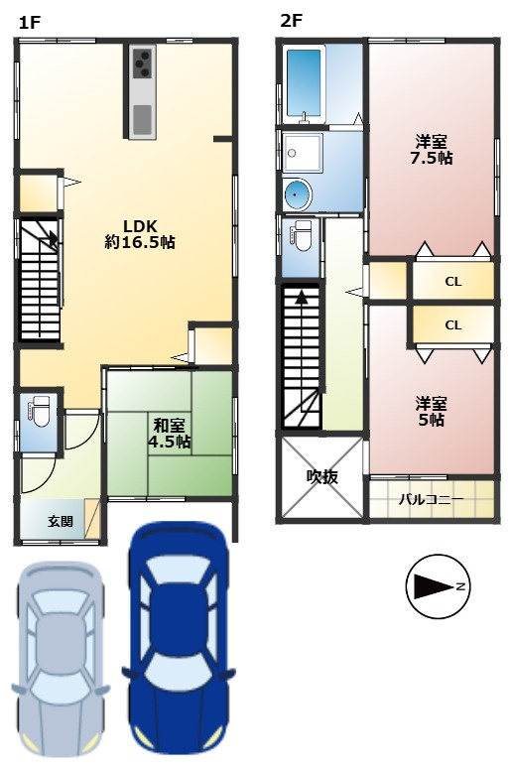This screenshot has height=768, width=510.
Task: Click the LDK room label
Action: [140, 233]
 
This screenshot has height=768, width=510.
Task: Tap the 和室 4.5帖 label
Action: [169, 433]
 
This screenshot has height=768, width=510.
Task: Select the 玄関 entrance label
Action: [61, 521]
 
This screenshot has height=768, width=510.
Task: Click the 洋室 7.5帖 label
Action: [432, 150]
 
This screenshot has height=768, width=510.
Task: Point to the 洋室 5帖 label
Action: [432, 412]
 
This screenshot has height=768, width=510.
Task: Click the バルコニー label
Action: [431, 499]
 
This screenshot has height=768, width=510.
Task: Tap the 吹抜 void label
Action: [321, 476]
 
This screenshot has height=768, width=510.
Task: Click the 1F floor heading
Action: [29, 23]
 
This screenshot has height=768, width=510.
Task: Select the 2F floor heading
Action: [291, 21]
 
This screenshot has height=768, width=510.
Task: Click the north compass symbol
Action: [438, 586]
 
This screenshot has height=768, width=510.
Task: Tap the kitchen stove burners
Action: [143, 64]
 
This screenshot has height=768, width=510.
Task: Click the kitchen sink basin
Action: [143, 119]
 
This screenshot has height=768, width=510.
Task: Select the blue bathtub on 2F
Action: [305, 83]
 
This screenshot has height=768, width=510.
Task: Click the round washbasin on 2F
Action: [297, 194]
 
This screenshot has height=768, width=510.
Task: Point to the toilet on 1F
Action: [40, 413]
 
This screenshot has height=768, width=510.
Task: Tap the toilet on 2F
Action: [301, 235]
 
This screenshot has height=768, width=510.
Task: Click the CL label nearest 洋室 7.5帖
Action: [453, 282]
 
